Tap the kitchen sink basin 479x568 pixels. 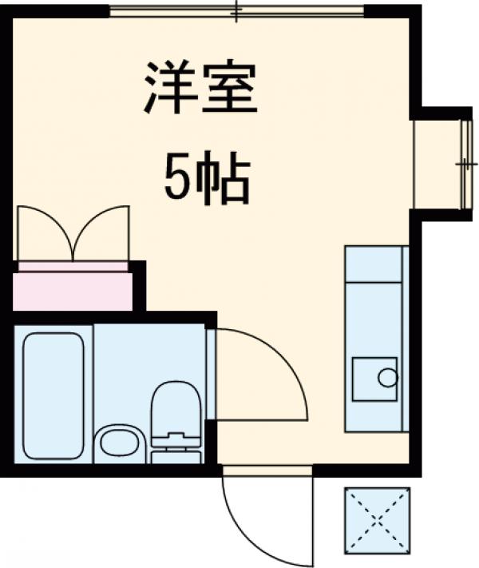374,379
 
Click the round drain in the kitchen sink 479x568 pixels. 387,378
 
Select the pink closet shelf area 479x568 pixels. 73,288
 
